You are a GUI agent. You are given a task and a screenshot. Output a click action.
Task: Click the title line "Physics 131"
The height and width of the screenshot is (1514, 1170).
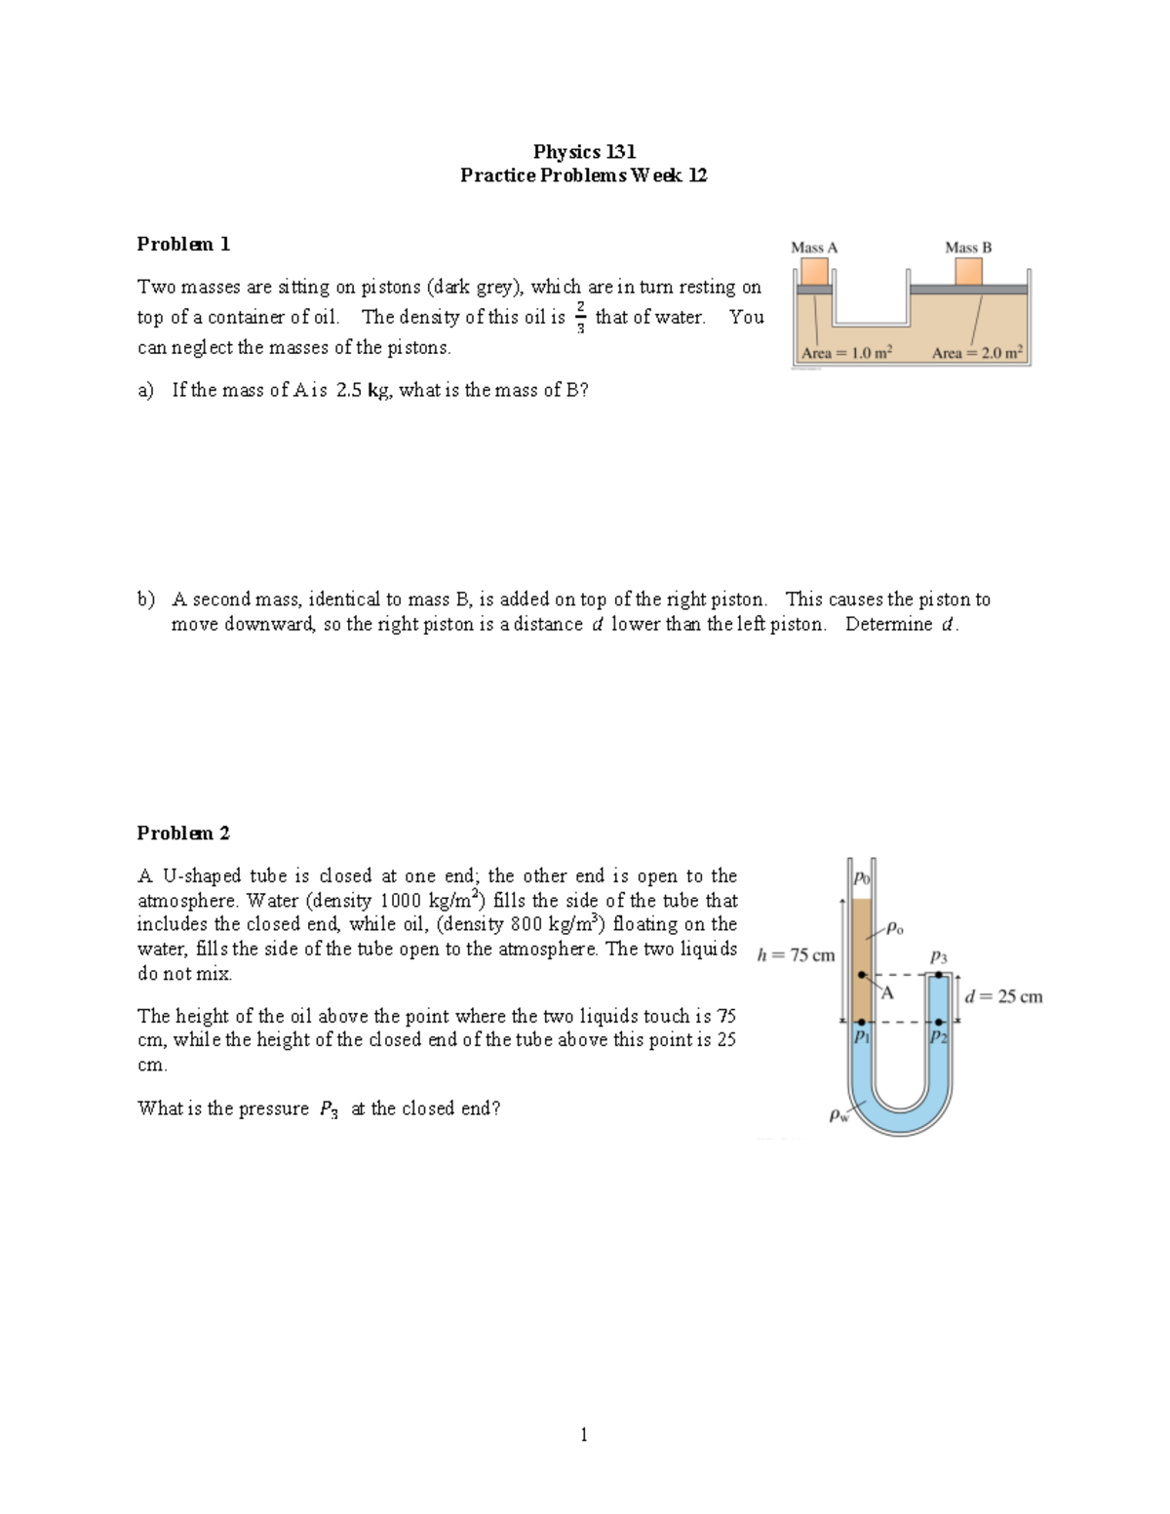point(584,151)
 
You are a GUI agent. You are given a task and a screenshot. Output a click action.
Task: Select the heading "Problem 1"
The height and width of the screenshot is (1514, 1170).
point(183,244)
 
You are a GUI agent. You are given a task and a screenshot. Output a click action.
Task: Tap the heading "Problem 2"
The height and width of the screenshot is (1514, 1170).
point(183,833)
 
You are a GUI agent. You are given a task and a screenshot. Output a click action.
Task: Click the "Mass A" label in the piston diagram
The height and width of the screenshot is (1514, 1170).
point(814,248)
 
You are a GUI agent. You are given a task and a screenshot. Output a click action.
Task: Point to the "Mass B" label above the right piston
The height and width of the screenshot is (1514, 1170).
point(968,248)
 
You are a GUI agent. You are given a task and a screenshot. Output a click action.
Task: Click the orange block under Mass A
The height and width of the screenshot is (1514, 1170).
point(814,270)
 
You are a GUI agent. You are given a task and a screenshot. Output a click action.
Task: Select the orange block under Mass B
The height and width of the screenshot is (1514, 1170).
point(968,271)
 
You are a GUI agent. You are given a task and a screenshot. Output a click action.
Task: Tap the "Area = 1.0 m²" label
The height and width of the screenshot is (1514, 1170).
point(846,353)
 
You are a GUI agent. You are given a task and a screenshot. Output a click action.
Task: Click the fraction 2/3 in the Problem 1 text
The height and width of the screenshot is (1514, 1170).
point(580,317)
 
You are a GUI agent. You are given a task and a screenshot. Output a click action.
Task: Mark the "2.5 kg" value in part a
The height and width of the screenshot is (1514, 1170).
point(364,390)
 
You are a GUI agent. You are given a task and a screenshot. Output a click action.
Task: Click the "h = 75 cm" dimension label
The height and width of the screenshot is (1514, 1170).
point(796,955)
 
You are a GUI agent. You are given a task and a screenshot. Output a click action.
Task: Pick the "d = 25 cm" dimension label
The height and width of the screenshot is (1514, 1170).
point(1004,996)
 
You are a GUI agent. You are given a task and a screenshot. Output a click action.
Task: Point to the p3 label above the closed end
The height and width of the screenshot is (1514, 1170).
point(938,957)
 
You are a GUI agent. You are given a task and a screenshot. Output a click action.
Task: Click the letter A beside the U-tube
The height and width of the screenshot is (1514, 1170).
point(887,993)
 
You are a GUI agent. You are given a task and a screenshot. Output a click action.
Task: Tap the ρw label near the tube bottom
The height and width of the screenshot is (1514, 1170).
point(838,1114)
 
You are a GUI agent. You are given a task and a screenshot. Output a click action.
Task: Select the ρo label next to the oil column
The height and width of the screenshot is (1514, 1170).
point(894,928)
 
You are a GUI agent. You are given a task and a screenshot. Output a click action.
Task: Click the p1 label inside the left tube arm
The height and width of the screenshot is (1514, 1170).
point(861,1037)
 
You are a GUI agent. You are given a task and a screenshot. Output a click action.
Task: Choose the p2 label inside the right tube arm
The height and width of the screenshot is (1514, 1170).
point(938,1037)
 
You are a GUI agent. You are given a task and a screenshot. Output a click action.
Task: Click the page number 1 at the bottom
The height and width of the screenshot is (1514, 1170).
point(583,1434)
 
